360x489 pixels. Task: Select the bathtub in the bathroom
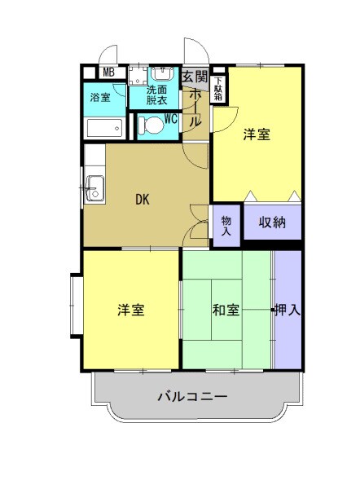coord(104,128)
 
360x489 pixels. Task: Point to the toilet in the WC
coord(151,126)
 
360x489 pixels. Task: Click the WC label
coord(170,117)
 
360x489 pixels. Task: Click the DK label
coord(143,198)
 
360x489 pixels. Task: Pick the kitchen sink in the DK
coord(94,187)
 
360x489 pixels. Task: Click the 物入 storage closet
coord(226,226)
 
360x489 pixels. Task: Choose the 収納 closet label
coord(272,222)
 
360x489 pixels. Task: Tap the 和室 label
coord(226,310)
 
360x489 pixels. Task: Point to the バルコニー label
coord(192,397)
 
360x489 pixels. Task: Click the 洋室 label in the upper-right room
coord(257,136)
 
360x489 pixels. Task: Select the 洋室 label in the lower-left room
coord(130,310)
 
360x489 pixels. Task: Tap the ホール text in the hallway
coord(195,108)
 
